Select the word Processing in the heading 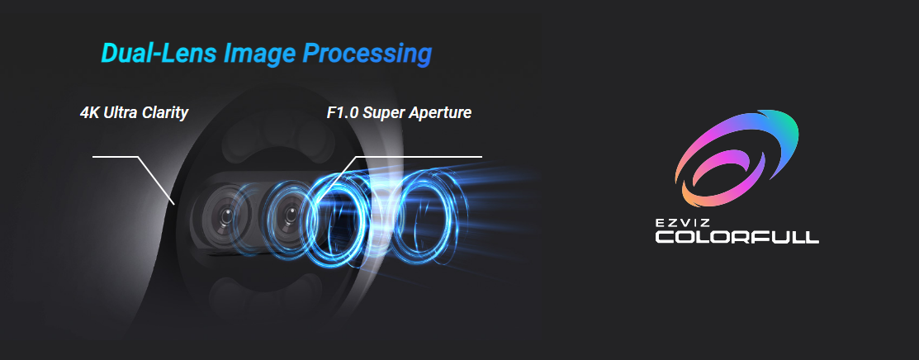tap(367, 54)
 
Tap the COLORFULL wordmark tap(737, 237)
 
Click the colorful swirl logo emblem tap(737, 159)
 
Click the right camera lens tap(288, 216)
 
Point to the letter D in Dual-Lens tap(110, 54)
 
